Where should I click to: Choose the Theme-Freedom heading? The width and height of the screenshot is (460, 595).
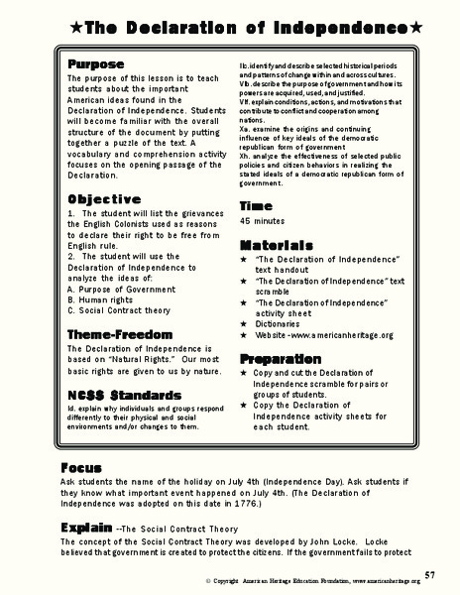click(x=116, y=333)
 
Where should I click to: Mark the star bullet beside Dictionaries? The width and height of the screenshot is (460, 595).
click(x=244, y=323)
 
